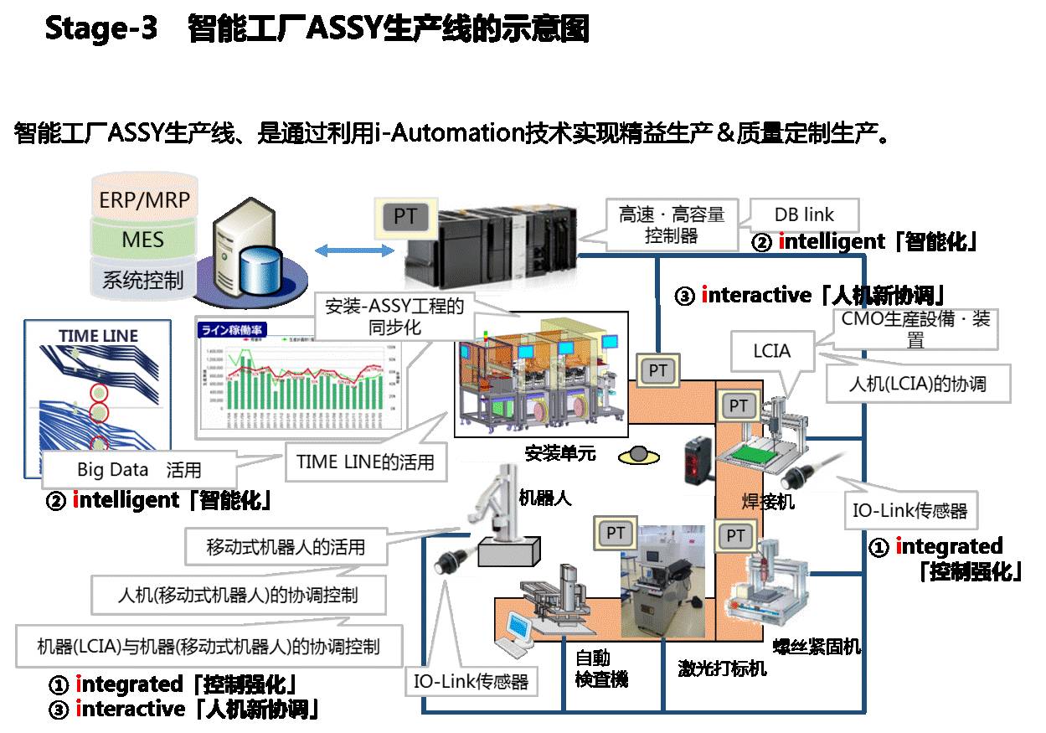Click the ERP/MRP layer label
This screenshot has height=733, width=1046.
click(x=144, y=200)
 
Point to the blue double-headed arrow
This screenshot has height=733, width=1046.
click(x=354, y=250)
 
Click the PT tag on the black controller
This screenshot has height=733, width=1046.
click(x=405, y=217)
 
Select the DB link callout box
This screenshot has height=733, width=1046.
click(x=804, y=214)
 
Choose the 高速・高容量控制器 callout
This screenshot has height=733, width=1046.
click(x=672, y=225)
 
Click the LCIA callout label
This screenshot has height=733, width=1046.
click(x=771, y=351)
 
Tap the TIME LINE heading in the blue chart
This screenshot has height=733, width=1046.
click(x=98, y=337)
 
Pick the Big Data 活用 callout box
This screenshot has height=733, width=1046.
click(x=139, y=468)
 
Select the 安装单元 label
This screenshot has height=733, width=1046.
click(x=560, y=454)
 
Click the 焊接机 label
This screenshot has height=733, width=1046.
click(x=768, y=502)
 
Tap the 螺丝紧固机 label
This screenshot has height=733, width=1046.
click(x=816, y=646)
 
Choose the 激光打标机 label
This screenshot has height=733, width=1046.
click(x=722, y=668)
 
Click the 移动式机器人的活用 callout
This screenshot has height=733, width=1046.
click(x=286, y=548)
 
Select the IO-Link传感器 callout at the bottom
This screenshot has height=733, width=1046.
click(x=471, y=682)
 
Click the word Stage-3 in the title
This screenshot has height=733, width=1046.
click(x=100, y=29)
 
